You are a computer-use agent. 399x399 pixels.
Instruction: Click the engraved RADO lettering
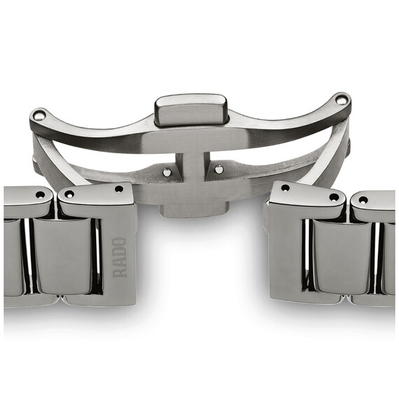point(120,258)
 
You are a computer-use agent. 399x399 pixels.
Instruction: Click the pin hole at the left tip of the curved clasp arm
point(39,115)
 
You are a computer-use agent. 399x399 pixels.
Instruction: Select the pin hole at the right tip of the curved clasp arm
point(340,100)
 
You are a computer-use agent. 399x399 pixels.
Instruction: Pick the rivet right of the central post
point(219,169)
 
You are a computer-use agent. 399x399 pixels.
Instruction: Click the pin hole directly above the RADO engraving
point(119,189)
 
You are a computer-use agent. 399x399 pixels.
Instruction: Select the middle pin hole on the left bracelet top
point(69,195)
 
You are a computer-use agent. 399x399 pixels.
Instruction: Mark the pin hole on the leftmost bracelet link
point(40,195)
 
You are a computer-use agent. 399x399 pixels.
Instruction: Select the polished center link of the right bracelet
point(341,259)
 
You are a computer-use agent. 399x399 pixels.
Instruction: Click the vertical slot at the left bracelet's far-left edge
point(28,255)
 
